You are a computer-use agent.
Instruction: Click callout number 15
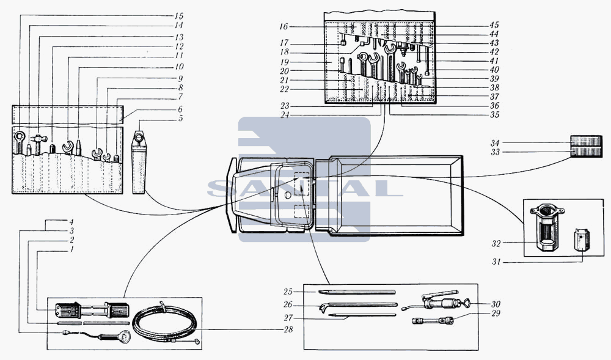(179, 16)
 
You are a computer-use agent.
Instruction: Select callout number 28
(288, 329)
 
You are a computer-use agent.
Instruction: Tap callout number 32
(496, 243)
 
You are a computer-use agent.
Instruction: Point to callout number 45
(494, 25)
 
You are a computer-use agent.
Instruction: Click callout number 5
(180, 119)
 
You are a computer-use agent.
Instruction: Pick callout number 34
(495, 143)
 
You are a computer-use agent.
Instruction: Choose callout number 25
(288, 292)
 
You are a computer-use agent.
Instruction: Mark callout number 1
(71, 249)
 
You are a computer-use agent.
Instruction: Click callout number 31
(496, 262)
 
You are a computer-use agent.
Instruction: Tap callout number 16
(284, 26)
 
